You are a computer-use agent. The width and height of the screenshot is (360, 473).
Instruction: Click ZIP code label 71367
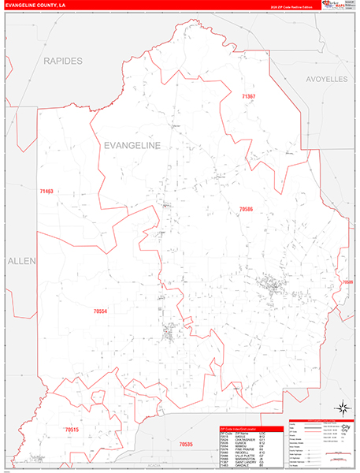pyautogui.click(x=249, y=96)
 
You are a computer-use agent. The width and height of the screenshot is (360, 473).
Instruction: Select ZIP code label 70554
pyautogui.click(x=100, y=311)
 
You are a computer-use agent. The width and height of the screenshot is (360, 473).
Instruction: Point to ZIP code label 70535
pyautogui.click(x=186, y=445)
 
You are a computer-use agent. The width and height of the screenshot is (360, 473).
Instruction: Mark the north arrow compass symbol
pyautogui.click(x=343, y=408)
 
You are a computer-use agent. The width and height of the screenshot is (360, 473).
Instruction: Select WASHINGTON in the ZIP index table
pyautogui.click(x=243, y=458)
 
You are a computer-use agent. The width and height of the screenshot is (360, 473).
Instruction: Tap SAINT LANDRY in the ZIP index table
pyautogui.click(x=244, y=461)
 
